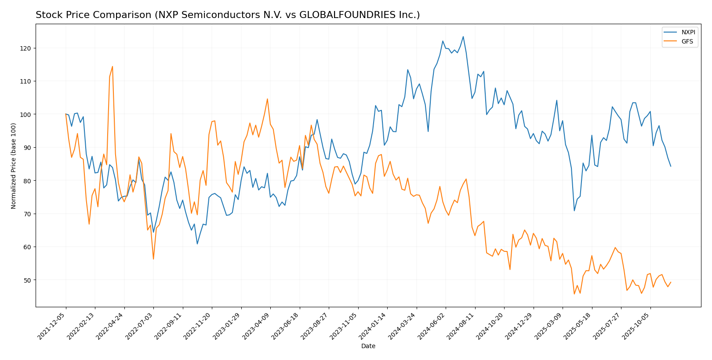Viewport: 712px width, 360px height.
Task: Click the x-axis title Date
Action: pos(368,346)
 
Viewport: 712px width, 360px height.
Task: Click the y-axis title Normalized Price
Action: pos(14,166)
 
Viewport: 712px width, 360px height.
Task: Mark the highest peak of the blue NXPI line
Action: pos(463,36)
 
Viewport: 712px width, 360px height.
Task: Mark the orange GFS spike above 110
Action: pos(113,66)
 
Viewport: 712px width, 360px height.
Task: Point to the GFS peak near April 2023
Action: pos(267,99)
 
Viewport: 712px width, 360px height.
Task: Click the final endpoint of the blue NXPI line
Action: pos(671,166)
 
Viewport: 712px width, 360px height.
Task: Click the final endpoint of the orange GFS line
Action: pos(671,282)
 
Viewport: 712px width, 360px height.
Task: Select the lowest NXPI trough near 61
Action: pos(197,244)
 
